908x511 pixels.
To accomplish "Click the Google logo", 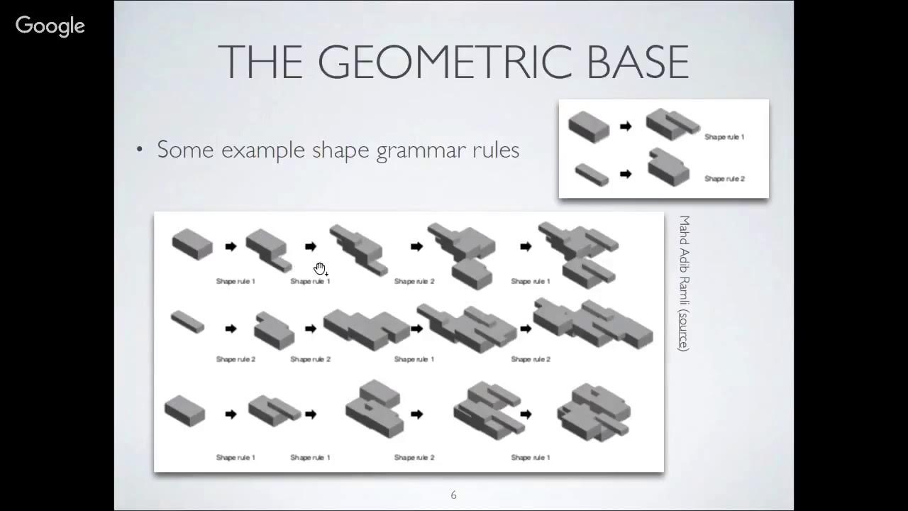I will (50, 26).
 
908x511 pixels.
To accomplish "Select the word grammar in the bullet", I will (416, 150).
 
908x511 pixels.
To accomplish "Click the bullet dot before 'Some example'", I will (140, 150).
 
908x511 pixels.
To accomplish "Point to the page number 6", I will (454, 495).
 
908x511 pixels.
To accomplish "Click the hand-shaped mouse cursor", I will (321, 268).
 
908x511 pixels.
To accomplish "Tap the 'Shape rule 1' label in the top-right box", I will (724, 137).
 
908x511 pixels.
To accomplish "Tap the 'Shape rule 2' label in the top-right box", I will (724, 179).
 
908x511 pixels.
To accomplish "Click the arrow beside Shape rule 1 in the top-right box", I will (625, 126).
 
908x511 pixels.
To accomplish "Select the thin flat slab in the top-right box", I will (591, 174).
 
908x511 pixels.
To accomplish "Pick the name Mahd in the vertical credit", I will (684, 228).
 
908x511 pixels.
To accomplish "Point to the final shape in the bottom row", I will (594, 412).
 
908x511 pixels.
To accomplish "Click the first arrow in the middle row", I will (231, 329).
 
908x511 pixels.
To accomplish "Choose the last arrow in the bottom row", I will (526, 414).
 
